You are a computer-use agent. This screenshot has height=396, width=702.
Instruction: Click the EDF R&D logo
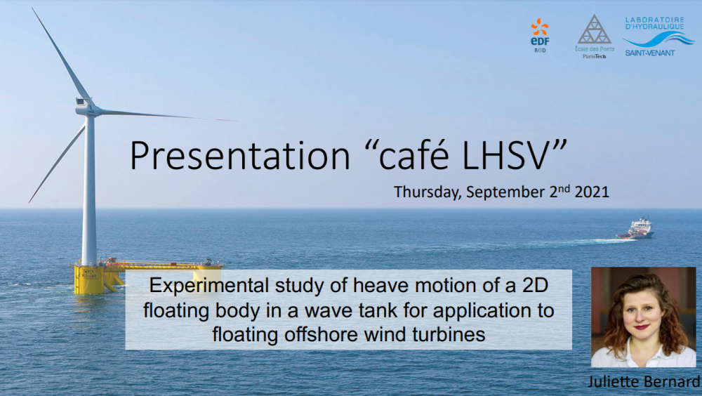(x=539, y=36)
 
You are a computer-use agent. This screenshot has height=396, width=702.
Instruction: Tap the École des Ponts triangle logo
(x=594, y=37)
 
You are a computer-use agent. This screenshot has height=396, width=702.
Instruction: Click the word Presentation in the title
(x=240, y=155)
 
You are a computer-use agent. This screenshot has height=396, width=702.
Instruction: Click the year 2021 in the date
(x=592, y=192)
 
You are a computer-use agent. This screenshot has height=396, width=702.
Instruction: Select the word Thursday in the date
(x=427, y=192)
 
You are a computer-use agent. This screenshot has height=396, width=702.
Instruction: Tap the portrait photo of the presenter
(x=643, y=317)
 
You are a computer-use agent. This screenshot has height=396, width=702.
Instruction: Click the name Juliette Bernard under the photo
(x=643, y=382)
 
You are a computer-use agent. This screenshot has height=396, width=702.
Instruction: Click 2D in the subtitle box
(x=535, y=286)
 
